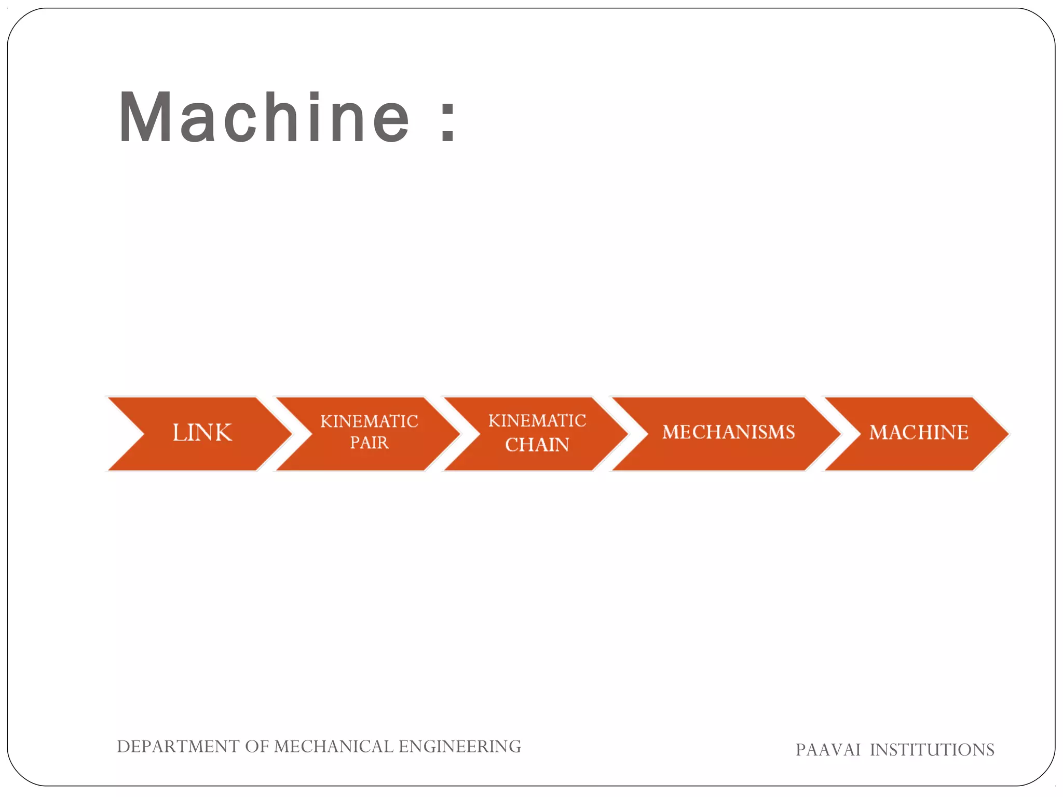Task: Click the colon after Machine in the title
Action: [447, 122]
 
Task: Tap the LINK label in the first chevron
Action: [202, 433]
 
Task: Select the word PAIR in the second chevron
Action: [369, 443]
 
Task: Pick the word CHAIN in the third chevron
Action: [537, 445]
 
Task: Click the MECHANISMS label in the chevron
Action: [728, 432]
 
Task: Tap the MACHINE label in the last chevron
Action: [919, 432]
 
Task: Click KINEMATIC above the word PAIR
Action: [369, 421]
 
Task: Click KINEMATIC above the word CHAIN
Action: [537, 420]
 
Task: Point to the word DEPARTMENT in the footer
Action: [178, 746]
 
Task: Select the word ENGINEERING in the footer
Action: [460, 746]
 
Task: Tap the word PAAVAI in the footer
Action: [828, 750]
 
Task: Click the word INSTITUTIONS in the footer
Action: [932, 750]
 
